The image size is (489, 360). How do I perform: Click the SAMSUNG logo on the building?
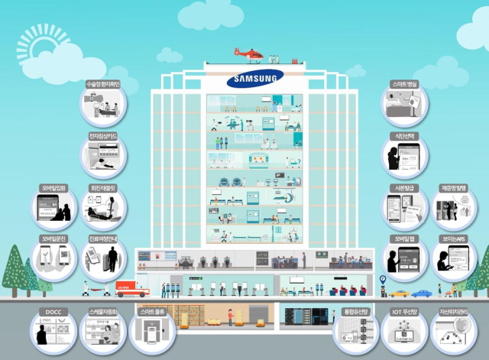coord(254,78)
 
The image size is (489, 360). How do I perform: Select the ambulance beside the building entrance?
coord(131,288)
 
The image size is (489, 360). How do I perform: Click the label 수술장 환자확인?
coord(102,84)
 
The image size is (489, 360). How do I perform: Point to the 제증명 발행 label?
coord(454,187)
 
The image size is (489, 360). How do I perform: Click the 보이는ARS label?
coord(454,238)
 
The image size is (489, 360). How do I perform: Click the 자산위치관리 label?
coord(454,312)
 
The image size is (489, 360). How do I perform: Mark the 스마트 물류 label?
coord(152,312)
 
